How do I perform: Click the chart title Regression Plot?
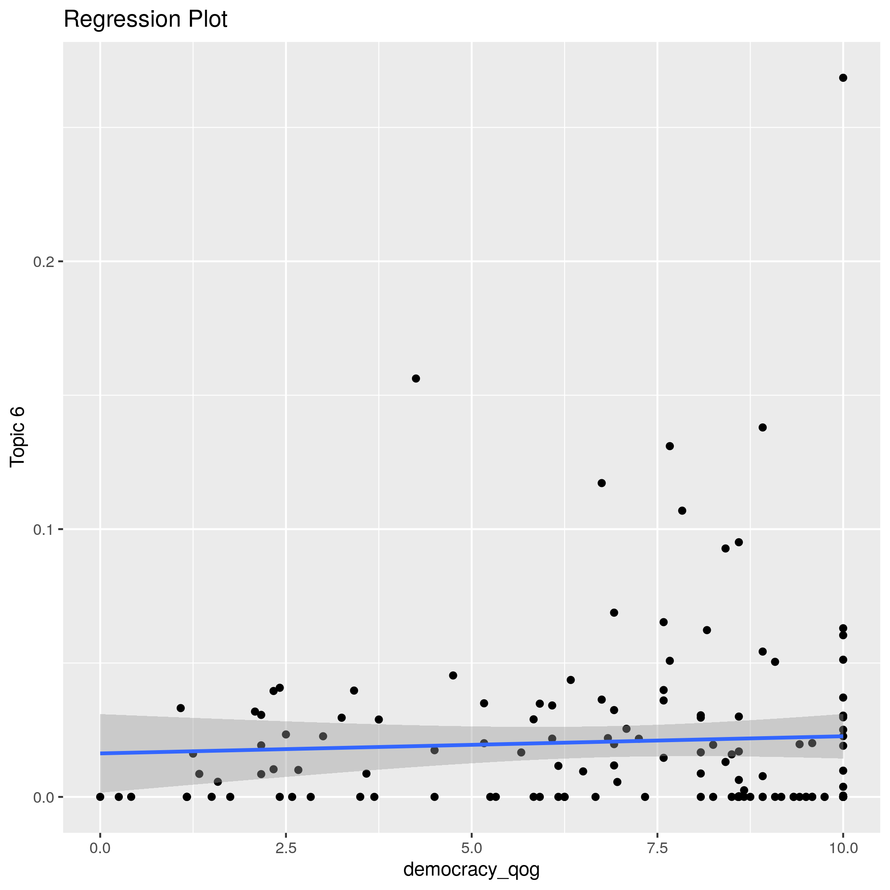tap(145, 19)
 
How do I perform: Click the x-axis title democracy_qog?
tap(471, 869)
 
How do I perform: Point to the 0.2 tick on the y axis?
tap(43, 261)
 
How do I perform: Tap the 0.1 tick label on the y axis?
tap(43, 529)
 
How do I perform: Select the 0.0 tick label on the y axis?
tap(43, 797)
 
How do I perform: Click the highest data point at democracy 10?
tap(843, 78)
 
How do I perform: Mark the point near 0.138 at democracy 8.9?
tap(762, 428)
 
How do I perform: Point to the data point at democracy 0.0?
tap(100, 796)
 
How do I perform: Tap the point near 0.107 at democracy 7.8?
tap(682, 510)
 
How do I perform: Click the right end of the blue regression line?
tap(842, 736)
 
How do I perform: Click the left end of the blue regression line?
tap(101, 753)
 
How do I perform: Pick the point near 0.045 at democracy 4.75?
tap(453, 675)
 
